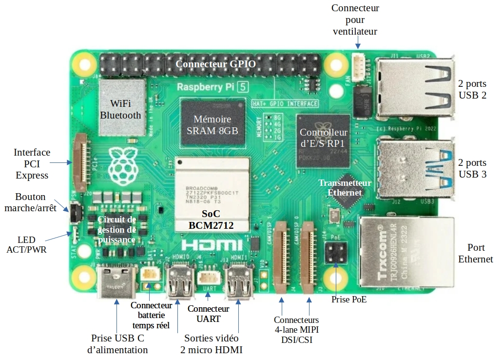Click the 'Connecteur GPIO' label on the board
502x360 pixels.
tap(215, 64)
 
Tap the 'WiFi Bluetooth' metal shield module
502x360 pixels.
tap(123, 108)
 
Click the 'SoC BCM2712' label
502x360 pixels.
tap(212, 220)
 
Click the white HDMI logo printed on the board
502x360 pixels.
tap(212, 245)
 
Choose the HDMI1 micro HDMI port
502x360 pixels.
tap(239, 283)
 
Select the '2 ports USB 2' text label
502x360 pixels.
tap(472, 89)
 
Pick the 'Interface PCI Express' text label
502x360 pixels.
tap(32, 164)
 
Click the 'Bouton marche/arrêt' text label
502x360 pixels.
tap(30, 202)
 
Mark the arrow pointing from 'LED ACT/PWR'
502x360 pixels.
tap(58, 238)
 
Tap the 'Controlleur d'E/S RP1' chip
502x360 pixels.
tap(324, 138)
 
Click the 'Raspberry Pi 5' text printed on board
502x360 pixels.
tap(207, 88)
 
